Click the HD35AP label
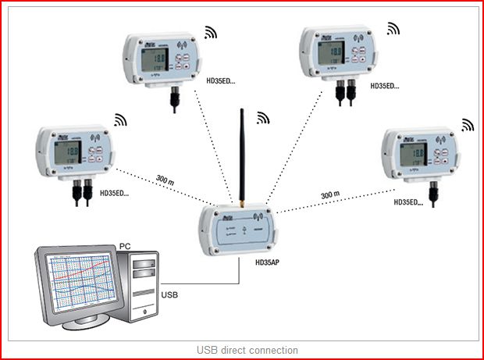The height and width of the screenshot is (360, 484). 267,262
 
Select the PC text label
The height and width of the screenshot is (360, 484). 125,248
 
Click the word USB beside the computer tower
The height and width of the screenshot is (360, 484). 169,295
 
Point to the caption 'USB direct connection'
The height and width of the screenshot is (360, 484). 242,350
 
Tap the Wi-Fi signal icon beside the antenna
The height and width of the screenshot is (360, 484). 263,118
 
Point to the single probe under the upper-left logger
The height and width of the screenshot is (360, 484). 173,98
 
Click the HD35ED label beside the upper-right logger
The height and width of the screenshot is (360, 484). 384,86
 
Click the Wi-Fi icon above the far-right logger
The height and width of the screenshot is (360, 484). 467,124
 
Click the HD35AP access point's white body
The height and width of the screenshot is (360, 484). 236,230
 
